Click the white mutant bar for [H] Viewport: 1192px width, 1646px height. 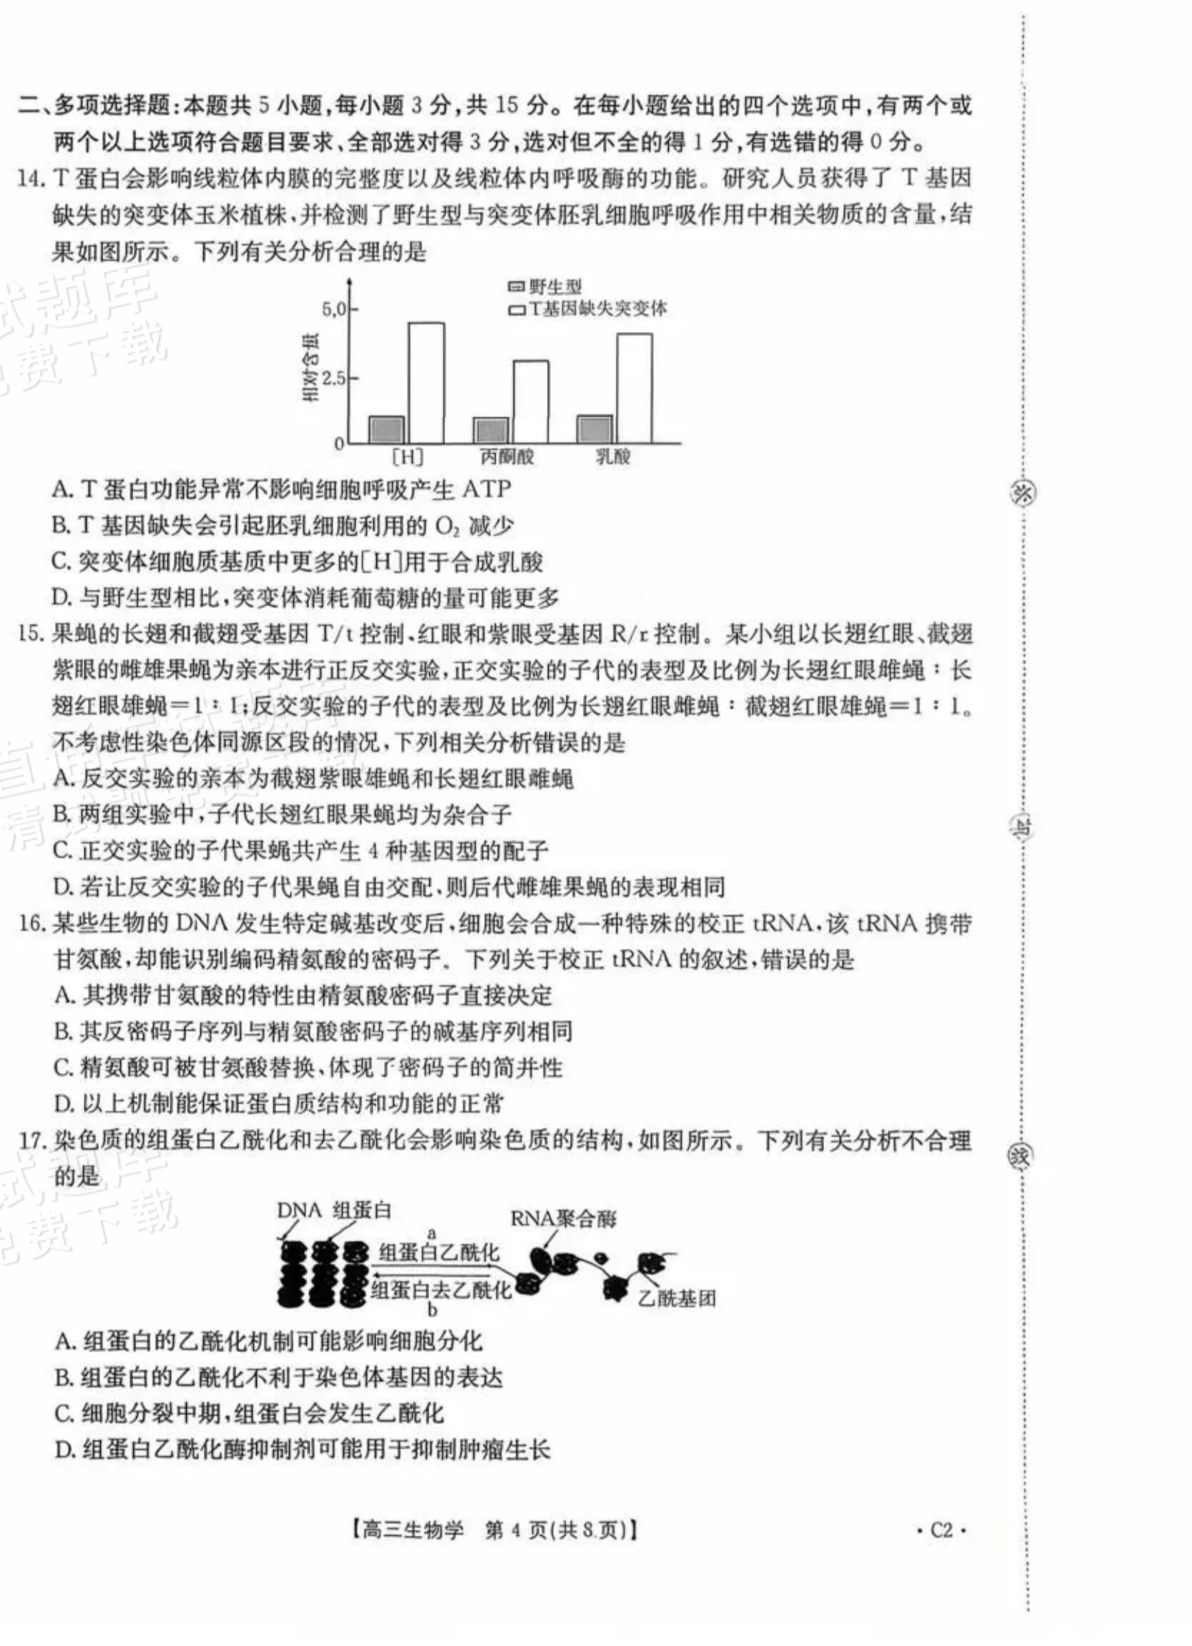[x=426, y=383]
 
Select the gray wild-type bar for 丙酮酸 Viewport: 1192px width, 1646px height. [x=491, y=430]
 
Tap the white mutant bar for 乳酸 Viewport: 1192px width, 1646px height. [x=634, y=388]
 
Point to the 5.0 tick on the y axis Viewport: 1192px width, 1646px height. [x=334, y=310]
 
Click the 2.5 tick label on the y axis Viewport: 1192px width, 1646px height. [x=334, y=378]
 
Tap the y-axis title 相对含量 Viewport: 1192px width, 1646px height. [x=311, y=368]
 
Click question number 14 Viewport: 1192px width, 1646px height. [x=30, y=179]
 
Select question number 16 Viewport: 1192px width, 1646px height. [x=32, y=925]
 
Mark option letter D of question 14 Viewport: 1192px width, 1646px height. [x=62, y=598]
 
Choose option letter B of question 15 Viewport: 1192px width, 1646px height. [x=62, y=814]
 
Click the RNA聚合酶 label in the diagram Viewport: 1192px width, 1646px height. [x=563, y=1219]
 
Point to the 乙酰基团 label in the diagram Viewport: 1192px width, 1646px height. [x=676, y=1298]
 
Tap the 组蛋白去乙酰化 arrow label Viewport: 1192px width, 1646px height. [x=440, y=1289]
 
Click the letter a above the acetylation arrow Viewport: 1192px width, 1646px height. [x=432, y=1233]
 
